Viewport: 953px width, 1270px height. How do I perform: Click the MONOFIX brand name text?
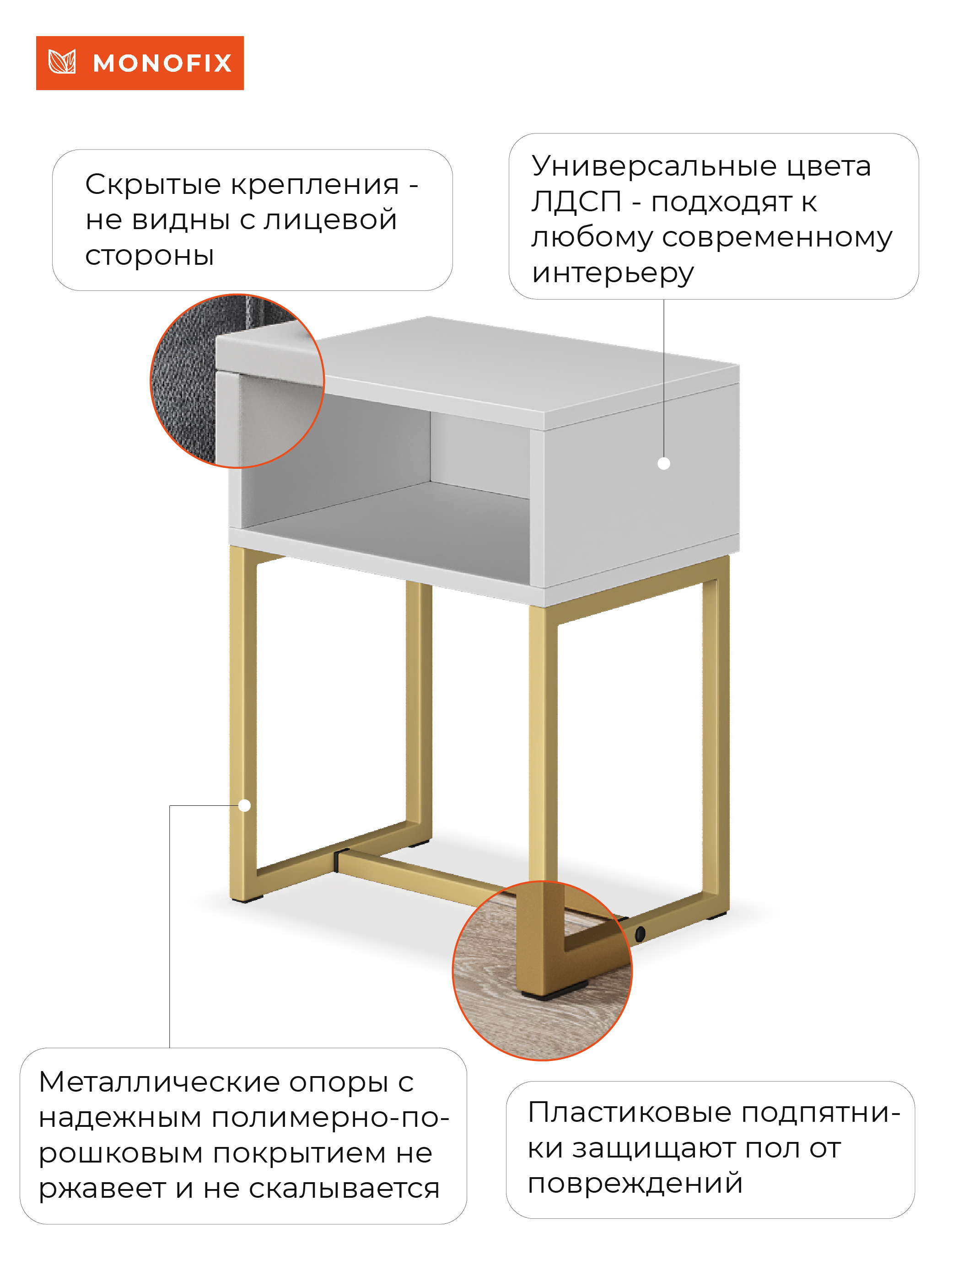coord(162,63)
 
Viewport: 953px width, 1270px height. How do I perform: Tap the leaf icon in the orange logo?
coord(62,62)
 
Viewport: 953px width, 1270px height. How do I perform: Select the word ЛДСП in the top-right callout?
coord(576,202)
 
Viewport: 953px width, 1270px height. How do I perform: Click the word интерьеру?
coord(612,273)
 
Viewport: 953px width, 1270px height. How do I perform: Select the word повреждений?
coord(635,1184)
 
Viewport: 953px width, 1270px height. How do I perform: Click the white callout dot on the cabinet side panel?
coord(663,463)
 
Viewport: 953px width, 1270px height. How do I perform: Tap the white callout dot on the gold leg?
coord(244,805)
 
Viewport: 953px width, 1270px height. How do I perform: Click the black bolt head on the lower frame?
coord(640,934)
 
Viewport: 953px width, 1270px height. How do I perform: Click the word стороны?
coord(149,256)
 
